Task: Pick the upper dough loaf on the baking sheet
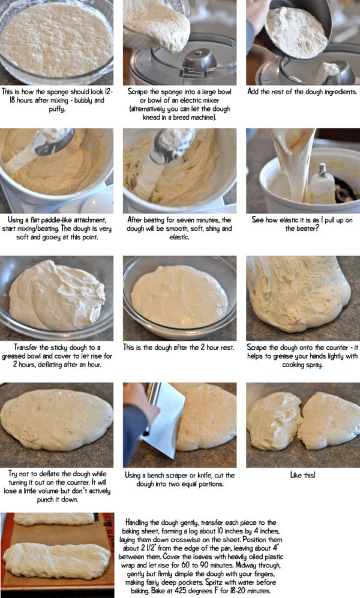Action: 54,518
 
